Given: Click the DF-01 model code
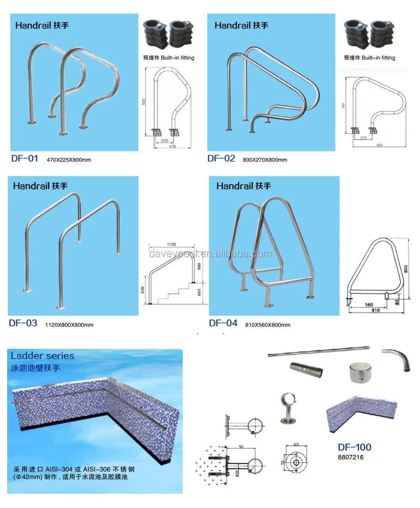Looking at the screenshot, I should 24,159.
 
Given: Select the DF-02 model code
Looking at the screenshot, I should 221,159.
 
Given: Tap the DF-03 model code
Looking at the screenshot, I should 23,323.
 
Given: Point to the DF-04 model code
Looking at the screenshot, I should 223,323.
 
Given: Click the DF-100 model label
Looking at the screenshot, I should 354,448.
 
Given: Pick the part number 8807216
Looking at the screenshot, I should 351,458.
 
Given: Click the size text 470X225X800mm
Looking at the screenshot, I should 69,160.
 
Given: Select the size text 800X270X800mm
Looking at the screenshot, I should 265,160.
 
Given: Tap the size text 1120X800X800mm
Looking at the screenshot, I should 69,325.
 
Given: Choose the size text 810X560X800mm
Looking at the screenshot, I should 268,325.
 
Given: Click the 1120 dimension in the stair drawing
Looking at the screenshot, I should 171,244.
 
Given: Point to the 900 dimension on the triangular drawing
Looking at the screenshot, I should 406,268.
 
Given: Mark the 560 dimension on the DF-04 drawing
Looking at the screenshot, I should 369,305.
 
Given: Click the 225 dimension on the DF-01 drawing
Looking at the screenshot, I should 165,141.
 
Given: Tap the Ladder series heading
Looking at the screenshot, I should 42,356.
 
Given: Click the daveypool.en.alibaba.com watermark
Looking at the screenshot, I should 210,254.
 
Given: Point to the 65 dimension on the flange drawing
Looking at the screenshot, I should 297,445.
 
